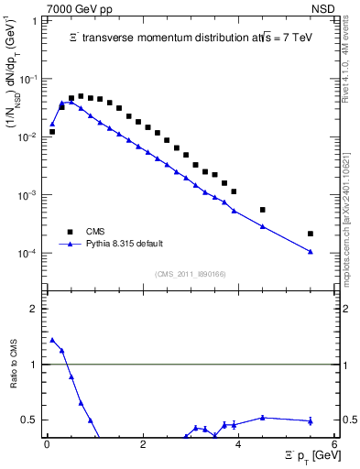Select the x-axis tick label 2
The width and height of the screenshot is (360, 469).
click(142, 445)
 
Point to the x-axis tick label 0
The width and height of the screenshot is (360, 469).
click(47, 445)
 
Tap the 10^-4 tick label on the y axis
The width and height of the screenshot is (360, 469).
click(30, 254)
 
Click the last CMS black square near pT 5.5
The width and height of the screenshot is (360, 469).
click(311, 234)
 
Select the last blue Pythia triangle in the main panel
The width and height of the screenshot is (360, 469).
click(311, 251)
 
